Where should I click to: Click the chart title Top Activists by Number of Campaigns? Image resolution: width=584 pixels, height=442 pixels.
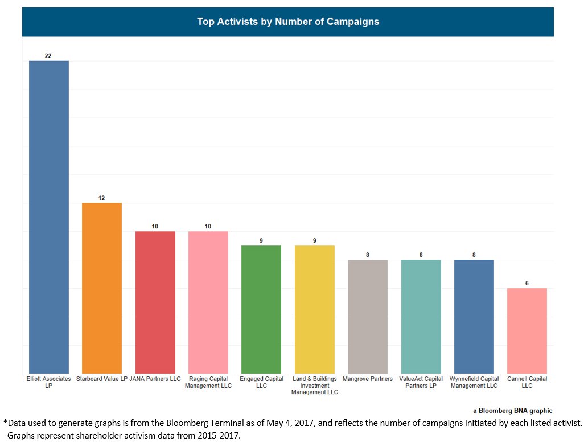288,22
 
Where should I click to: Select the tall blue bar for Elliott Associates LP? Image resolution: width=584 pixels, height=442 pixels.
49,216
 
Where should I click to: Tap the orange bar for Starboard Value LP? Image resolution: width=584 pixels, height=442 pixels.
102,288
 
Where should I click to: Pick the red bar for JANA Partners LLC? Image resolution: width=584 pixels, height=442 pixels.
155,302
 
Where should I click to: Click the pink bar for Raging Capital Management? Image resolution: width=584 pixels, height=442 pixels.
208,302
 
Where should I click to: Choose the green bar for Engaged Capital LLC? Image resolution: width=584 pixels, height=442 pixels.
261,309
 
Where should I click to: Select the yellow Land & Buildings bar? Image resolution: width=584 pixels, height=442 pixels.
315,309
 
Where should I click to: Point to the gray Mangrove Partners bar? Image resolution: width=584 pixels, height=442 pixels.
368,316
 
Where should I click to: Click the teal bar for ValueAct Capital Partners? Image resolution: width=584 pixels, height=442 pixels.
421,316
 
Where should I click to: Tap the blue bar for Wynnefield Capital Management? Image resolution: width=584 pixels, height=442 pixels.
474,316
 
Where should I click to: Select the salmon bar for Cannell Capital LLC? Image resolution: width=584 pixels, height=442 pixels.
527,330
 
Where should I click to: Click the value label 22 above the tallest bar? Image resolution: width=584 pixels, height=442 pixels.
48,56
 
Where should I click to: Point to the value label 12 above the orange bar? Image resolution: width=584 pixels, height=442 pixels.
102,198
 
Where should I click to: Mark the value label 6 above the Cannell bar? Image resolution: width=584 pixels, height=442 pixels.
527,283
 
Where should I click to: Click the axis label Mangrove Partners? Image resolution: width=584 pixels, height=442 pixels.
368,379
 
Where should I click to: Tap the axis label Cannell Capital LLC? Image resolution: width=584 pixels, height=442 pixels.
527,382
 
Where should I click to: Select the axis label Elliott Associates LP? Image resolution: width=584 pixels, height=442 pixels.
49,382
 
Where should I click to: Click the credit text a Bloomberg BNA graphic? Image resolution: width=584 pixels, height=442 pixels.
512,410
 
